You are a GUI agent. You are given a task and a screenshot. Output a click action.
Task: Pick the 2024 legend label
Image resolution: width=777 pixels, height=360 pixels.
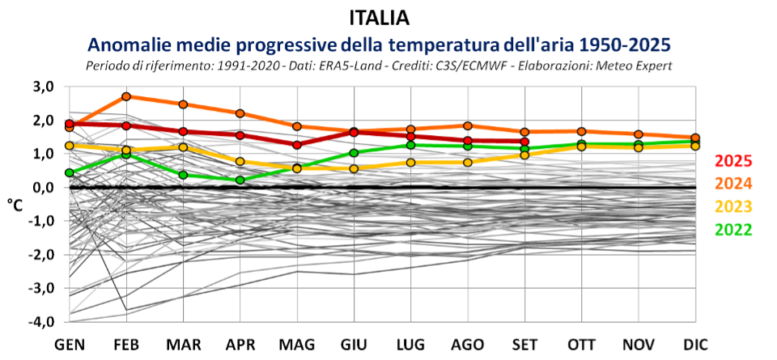coord(736,184)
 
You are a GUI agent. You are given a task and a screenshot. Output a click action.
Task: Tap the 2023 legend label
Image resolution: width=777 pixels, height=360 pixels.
coord(736,205)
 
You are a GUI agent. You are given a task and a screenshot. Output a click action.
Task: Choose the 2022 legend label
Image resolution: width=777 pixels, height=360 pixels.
coord(736,228)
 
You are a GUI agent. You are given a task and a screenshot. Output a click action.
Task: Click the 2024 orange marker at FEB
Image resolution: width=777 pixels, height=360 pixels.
coord(126,96)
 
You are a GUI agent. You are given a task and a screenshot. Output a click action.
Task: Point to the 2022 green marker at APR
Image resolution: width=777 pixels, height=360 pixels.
coord(240,180)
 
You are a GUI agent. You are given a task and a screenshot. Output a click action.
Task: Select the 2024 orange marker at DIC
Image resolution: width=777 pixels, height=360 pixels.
coord(695,138)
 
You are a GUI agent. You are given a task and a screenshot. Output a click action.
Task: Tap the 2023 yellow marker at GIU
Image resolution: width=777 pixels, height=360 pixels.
coord(354,168)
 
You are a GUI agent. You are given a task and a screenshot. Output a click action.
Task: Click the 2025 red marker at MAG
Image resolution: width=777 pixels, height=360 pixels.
coord(297,145)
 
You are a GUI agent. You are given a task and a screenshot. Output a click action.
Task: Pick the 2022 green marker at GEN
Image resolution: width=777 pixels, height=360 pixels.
coord(70,172)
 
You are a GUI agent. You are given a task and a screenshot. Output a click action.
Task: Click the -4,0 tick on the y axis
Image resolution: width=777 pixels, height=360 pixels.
coord(40,321)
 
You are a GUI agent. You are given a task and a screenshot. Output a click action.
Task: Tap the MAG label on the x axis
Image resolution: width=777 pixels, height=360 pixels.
coord(297,345)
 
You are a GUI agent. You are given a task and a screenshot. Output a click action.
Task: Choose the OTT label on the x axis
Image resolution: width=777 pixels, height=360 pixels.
coord(581,345)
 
